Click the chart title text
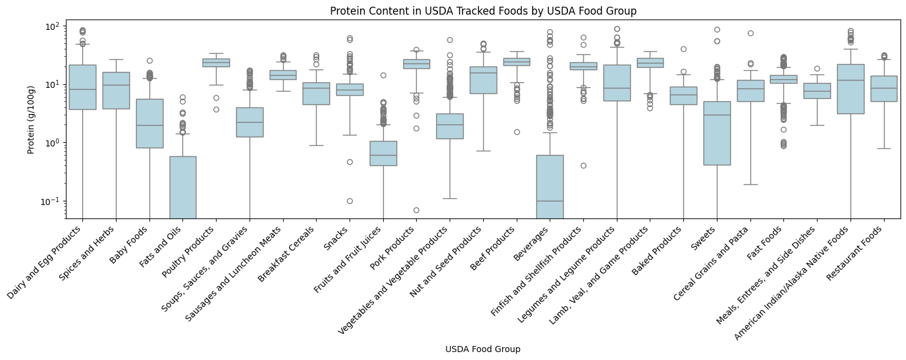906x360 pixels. [x=483, y=11]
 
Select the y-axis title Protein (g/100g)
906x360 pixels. [x=31, y=119]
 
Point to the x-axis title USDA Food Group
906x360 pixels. [x=483, y=349]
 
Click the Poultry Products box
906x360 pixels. [x=216, y=62]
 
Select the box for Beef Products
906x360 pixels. [x=517, y=62]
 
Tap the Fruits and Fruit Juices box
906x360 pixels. [x=383, y=153]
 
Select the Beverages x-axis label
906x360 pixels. [x=534, y=243]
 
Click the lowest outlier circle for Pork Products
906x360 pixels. [x=416, y=210]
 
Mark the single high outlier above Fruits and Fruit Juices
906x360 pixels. [x=383, y=75]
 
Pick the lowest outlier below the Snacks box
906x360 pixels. [x=350, y=201]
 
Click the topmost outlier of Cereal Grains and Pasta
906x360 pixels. [x=750, y=33]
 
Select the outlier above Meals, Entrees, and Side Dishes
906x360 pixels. [x=817, y=68]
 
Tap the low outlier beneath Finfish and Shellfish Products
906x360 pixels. [x=583, y=165]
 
